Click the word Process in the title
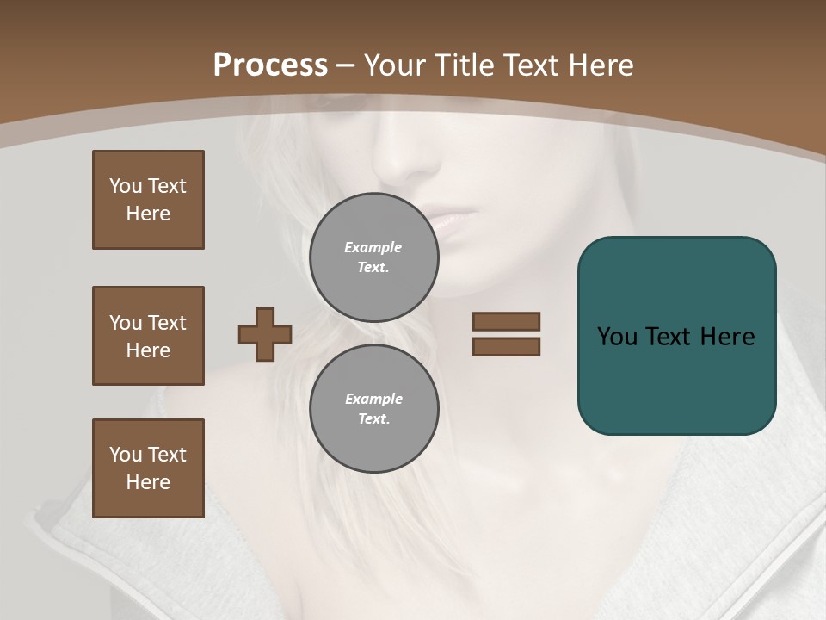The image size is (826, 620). coord(270,65)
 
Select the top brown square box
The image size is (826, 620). coord(148,200)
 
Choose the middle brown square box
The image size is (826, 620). coord(148,336)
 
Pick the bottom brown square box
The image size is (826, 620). coord(148,468)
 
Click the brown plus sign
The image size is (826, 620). coord(265,334)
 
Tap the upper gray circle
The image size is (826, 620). coord(374,257)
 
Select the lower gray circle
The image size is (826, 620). coord(374,409)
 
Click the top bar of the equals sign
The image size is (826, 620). coord(506,321)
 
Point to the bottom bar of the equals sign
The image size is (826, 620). coord(506,346)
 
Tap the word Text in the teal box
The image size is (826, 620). coord(670,337)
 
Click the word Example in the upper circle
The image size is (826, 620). coord(373,247)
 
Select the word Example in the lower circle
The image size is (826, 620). coord(373,399)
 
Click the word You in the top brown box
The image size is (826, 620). coord(125,186)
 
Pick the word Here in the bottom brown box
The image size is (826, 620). coord(148,482)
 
